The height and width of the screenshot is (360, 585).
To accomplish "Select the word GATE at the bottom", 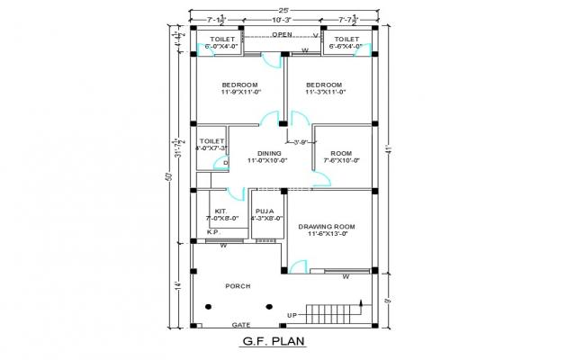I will (241, 324).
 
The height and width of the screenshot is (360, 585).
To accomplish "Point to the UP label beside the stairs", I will (292, 314).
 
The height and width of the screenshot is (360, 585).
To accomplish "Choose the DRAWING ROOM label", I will (326, 226).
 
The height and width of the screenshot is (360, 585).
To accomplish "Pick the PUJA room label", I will (264, 211).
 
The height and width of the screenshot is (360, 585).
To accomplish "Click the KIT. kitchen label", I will (220, 211).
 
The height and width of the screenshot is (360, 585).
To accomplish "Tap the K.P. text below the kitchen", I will (213, 231).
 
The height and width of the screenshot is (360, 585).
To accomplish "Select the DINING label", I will (268, 153).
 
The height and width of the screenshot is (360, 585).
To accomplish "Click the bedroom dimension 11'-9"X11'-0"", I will (239, 91).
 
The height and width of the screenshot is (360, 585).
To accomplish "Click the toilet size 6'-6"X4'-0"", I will (346, 48).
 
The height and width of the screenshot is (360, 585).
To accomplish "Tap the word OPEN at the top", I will (283, 35).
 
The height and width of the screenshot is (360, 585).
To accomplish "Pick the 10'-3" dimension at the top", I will (283, 19).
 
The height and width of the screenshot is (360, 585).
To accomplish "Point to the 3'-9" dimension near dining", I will (299, 142).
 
